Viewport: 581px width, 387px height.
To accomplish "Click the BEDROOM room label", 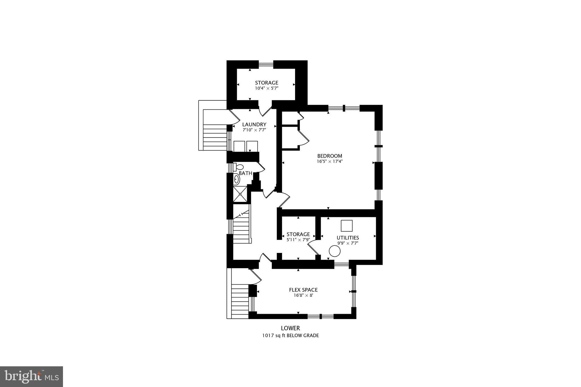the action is coord(330,156).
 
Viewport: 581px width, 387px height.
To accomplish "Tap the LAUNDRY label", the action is coord(254,124).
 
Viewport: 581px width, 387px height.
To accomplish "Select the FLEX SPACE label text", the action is coord(303,290).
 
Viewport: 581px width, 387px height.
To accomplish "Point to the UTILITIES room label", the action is coord(348,238).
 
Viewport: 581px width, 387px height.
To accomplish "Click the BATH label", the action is coord(245,173).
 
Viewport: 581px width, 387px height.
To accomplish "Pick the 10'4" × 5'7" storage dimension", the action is coord(267,88).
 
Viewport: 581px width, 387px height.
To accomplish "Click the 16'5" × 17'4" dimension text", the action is coord(330,161).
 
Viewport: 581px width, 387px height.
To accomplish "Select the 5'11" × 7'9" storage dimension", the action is coord(298,240).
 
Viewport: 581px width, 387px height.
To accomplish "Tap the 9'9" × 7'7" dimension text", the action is coord(348,243).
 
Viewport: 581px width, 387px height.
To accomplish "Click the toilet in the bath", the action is coord(238,167).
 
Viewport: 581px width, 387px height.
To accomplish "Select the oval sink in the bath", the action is coord(236,179).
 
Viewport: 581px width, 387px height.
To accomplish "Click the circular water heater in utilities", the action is coord(334,251).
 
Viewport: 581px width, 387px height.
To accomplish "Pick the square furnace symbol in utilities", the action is coord(347,226).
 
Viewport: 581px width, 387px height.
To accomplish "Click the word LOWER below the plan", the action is coord(290,328).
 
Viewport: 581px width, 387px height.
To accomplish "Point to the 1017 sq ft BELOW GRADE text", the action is coord(290,336).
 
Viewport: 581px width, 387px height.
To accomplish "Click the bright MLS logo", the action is coord(31,377).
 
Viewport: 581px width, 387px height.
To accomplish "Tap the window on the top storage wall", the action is coord(266,64).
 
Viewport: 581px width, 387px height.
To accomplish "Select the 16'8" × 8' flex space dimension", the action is coord(303,295).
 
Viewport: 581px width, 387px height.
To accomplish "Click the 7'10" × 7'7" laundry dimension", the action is coord(254,130).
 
